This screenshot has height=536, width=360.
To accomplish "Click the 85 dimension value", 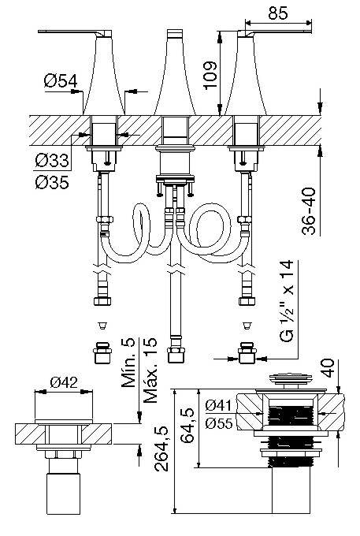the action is pos(278,13).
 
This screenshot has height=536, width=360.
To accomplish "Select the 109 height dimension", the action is pos(210,75).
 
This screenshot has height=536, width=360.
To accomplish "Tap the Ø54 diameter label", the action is pos(61,81).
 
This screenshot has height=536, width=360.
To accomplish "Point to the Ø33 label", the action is pos(52,160).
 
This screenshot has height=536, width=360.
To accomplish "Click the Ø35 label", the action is pos(52,182).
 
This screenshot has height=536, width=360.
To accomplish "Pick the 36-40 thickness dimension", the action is pos(309,210).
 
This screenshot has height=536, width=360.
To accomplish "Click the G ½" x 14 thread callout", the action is pos(287,301).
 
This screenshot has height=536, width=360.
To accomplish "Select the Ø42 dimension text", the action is pos(64,382).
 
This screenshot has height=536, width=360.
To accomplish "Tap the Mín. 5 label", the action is pos(128,363).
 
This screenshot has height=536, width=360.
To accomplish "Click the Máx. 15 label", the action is pos(150,370).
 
